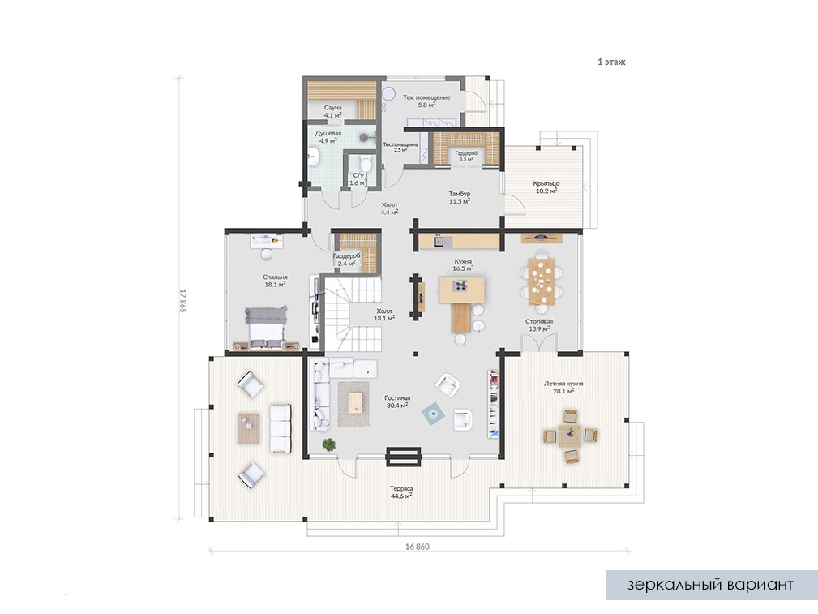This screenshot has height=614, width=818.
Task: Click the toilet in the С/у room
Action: click(x=366, y=163)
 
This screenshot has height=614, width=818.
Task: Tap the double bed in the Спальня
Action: click(x=267, y=328)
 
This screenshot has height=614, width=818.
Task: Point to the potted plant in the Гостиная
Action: click(x=328, y=444)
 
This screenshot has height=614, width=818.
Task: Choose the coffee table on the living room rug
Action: click(x=355, y=403)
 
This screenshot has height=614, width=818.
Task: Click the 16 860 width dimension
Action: click(x=418, y=547)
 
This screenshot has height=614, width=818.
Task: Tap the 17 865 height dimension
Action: click(x=182, y=301)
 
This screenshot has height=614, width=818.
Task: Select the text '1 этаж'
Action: click(x=611, y=62)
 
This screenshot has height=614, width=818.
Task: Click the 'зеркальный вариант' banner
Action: click(x=711, y=585)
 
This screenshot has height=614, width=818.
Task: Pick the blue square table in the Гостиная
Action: click(x=434, y=414)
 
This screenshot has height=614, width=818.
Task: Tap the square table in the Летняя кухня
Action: click(x=570, y=436)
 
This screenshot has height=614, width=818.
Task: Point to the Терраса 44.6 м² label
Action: click(x=401, y=492)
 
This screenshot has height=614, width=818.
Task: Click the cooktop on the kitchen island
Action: click(x=461, y=285)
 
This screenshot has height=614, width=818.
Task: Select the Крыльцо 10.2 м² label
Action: click(x=546, y=187)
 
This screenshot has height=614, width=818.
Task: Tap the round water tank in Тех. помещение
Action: click(x=389, y=94)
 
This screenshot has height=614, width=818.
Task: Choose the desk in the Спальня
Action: click(x=267, y=241)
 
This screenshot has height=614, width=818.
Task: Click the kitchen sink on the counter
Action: click(x=439, y=241)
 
